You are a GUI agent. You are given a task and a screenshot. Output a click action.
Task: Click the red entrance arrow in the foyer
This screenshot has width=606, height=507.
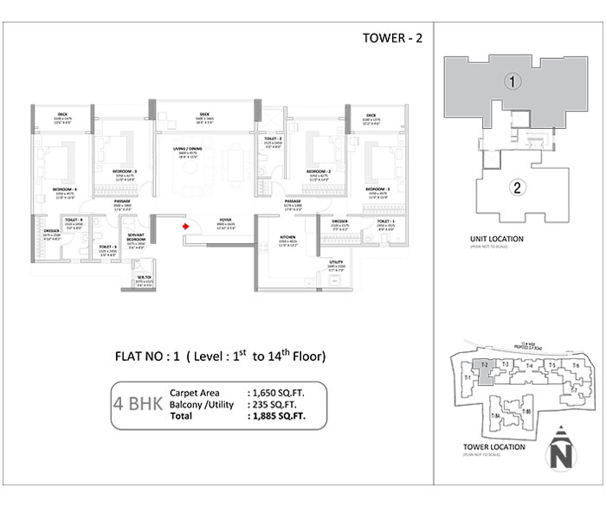[x=185, y=228]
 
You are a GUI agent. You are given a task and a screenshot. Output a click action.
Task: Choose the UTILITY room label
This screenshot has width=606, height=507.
[x=337, y=261]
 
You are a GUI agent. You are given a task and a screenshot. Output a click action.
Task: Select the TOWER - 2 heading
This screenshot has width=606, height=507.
[x=388, y=38]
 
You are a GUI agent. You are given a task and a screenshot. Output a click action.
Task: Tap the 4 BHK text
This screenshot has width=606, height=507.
[x=137, y=402]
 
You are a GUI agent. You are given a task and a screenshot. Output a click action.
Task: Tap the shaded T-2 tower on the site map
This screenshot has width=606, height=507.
[x=486, y=369]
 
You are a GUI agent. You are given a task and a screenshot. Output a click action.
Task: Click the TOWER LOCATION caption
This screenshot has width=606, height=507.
[x=488, y=447]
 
